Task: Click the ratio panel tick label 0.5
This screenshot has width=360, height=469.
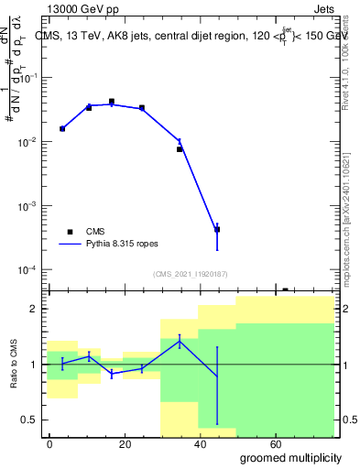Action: coord(27,420)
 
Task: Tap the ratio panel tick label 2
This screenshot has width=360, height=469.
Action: coord(32,309)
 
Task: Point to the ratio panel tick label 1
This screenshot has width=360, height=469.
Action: coord(32,365)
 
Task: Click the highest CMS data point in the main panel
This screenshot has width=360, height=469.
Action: coord(112,102)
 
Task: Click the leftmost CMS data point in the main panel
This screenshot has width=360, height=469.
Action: coord(62,129)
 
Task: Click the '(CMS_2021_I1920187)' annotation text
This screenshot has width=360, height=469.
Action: coord(191,273)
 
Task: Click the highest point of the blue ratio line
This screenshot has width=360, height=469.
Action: coord(180,341)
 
